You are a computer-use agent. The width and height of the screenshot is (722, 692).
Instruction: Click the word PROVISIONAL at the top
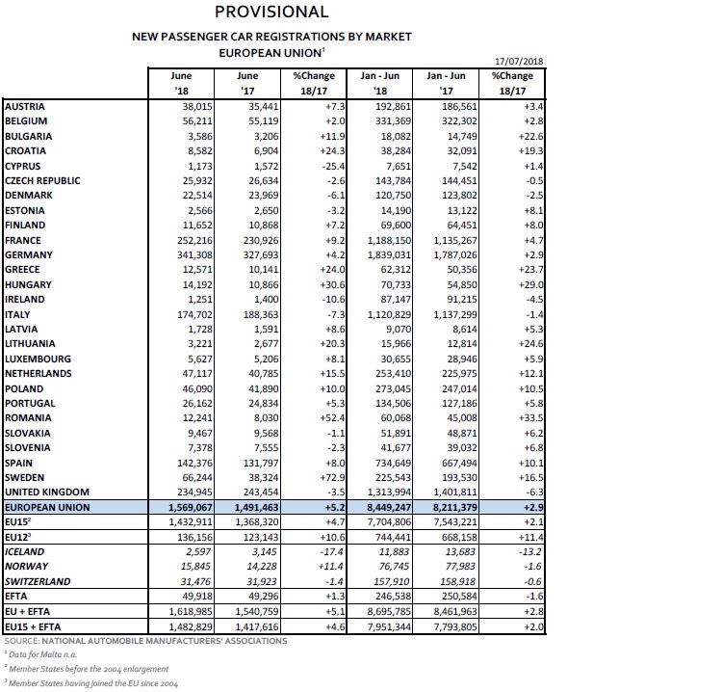(271, 13)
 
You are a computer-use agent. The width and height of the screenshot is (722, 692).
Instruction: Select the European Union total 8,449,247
(385, 506)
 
